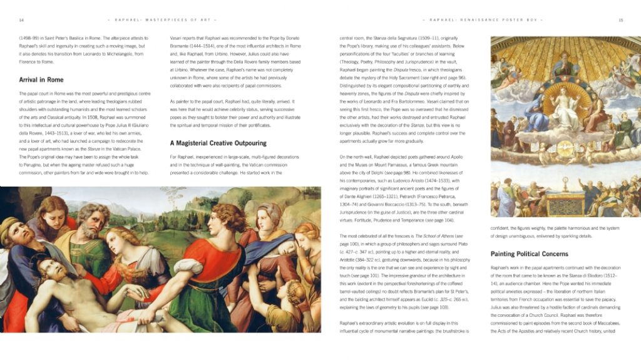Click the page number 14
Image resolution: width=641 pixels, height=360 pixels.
(21, 20)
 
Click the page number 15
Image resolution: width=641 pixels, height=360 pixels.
(620, 20)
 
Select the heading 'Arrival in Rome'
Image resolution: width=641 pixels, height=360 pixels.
(41, 80)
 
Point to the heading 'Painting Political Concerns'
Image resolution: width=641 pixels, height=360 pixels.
(529, 254)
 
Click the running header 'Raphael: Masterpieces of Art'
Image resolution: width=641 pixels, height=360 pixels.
(148, 20)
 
